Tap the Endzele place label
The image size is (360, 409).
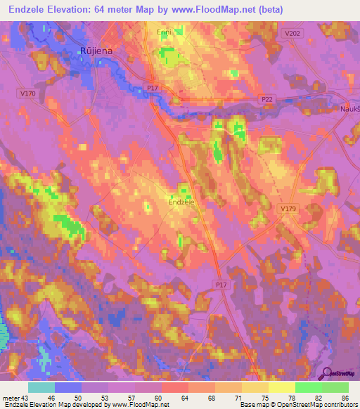point(181,202)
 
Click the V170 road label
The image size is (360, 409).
point(28,93)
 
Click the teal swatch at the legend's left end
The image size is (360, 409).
point(41,387)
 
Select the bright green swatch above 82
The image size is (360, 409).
point(308,387)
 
